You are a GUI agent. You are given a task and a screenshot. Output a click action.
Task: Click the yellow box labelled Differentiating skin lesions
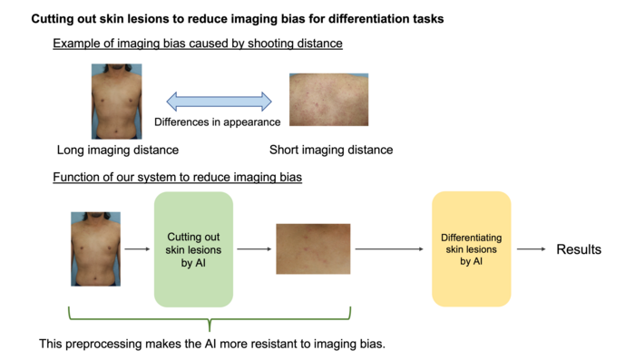tap(472, 248)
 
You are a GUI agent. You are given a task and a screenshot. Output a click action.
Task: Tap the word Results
tap(578, 249)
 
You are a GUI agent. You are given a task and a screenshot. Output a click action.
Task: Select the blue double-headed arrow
tap(220, 101)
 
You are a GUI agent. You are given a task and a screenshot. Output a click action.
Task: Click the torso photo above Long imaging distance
tap(117, 101)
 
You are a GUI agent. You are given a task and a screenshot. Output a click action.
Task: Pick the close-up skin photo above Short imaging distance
tap(327, 101)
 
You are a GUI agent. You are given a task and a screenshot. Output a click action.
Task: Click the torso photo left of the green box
tap(96, 248)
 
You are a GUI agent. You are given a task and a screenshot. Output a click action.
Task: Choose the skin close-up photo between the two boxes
tap(313, 248)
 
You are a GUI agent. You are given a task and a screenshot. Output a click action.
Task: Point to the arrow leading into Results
tap(531, 249)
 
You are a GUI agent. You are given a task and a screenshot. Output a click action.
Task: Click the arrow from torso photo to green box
tap(137, 248)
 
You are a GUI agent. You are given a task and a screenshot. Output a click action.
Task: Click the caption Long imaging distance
tap(118, 150)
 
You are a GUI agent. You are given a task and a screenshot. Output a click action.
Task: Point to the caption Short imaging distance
tap(331, 150)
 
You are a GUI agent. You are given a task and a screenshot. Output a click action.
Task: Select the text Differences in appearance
tap(218, 122)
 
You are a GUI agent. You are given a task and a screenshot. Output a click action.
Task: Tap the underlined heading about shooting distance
tap(197, 43)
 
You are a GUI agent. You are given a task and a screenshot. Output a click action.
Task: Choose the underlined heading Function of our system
tap(177, 177)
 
